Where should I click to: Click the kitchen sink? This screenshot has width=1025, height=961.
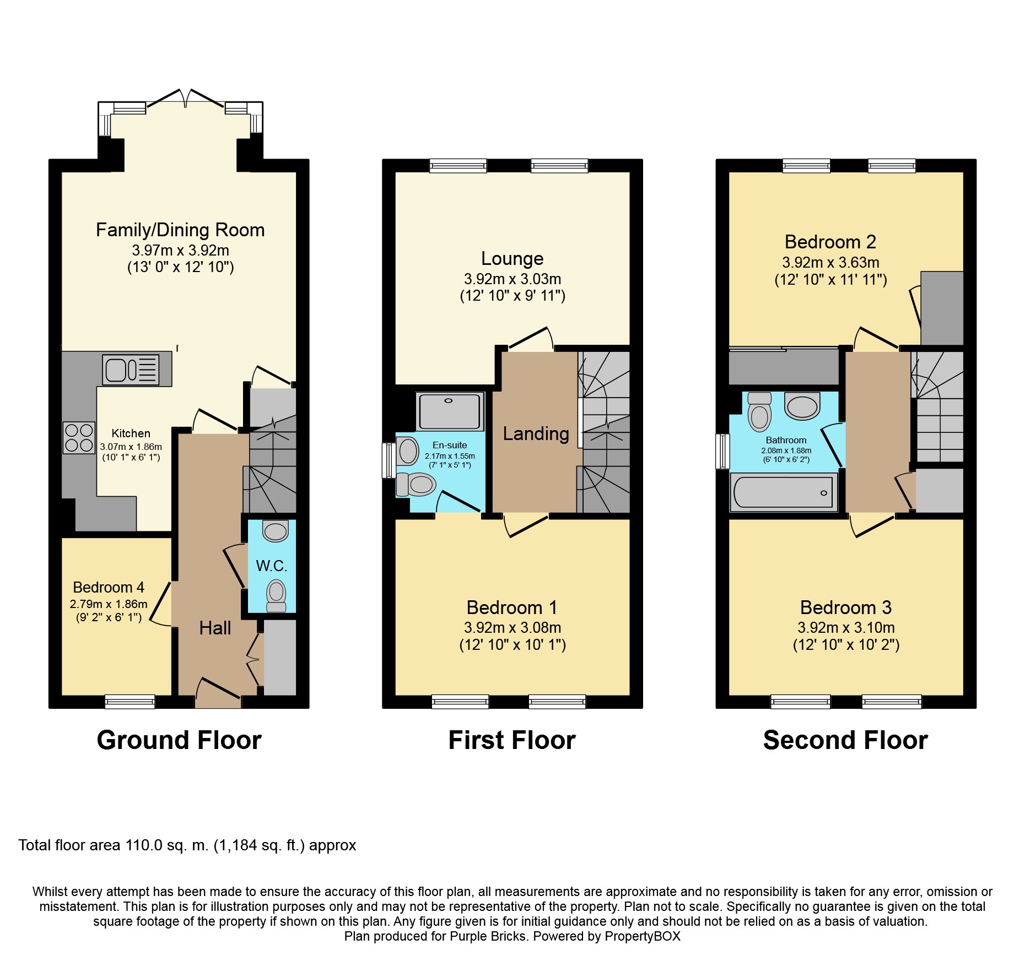(131, 369)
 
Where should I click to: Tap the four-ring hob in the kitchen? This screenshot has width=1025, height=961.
(79, 438)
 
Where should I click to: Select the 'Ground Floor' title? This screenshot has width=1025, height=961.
(179, 740)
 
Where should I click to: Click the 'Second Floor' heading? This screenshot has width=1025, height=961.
(845, 740)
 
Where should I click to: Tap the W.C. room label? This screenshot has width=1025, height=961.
(272, 566)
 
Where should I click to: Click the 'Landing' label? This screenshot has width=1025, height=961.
(536, 433)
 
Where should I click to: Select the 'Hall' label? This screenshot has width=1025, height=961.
(215, 628)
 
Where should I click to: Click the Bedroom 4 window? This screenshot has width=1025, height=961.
(130, 701)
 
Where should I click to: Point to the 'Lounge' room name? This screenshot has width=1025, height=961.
(512, 258)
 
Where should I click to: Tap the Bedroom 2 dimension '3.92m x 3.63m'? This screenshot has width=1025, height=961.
(830, 262)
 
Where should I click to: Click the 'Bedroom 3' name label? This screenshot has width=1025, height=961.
(846, 607)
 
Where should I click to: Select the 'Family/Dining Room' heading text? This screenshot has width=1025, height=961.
(180, 230)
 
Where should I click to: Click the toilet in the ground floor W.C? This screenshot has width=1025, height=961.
(276, 596)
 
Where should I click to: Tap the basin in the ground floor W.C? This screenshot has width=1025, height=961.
(276, 531)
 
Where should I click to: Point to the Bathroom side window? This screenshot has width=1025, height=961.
(722, 452)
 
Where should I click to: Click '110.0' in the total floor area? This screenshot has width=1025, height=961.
(144, 845)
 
